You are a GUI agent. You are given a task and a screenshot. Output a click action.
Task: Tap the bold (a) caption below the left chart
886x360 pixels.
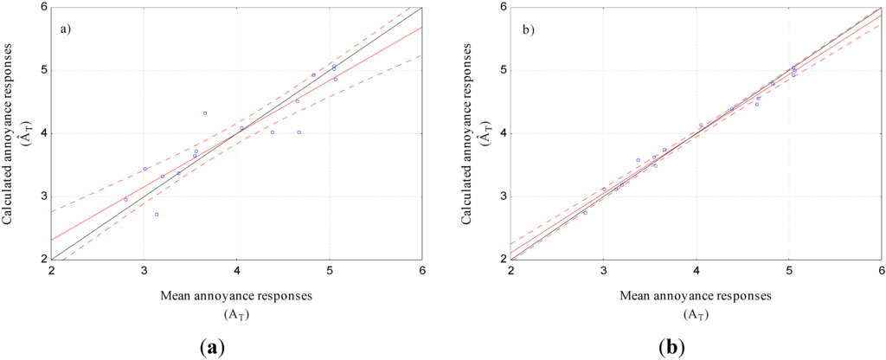[211, 348]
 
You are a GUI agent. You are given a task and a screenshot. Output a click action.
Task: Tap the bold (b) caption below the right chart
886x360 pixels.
[671, 348]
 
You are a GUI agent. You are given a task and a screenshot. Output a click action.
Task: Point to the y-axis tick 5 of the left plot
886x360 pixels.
[42, 70]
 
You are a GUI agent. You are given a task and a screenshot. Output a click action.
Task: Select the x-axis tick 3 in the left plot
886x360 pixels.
[144, 270]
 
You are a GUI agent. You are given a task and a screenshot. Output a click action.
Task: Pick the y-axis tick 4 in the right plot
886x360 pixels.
[503, 133]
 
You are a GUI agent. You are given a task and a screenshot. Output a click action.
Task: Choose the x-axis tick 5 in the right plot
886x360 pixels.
[789, 270]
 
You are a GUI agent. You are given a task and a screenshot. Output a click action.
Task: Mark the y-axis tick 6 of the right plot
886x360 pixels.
[503, 7]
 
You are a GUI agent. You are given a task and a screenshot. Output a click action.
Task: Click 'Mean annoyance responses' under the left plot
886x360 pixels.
[235, 295]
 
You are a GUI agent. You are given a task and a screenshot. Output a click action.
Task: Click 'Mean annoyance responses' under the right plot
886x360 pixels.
[696, 295]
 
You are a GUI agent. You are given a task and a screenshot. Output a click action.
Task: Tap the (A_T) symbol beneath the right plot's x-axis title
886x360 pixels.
[696, 313]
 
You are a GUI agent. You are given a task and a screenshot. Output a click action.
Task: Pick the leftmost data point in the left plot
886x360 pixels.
[125, 199]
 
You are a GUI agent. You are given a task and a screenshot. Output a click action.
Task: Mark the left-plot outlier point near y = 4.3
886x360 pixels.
[205, 113]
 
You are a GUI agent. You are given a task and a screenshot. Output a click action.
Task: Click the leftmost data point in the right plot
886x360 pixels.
[585, 212]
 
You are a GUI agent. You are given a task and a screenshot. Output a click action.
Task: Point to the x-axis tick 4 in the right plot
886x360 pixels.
[697, 270]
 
